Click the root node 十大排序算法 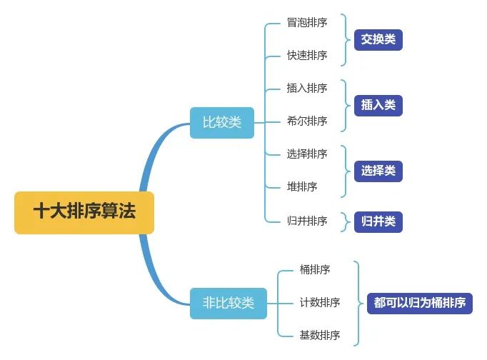84,212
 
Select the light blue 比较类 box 222,122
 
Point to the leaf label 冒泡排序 307,22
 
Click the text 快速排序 307,55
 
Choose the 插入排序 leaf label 307,88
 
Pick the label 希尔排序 307,121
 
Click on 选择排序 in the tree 307,154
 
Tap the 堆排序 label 302,186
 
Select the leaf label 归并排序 307,221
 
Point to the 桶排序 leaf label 315,269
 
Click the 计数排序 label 320,302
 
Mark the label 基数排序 320,335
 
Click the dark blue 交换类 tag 378,39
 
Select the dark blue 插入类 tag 378,105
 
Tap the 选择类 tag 378,171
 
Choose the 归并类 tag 378,221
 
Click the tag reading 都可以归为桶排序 420,303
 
